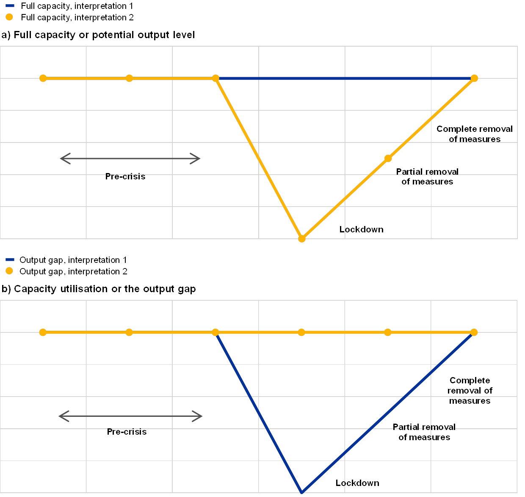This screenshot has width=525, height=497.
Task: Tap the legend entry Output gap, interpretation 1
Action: [72, 260]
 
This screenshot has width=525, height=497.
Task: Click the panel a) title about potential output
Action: [97, 35]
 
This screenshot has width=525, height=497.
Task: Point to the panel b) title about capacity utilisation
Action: [99, 289]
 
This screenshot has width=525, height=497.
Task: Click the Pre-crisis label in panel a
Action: [126, 176]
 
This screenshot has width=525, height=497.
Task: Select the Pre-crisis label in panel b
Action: [128, 432]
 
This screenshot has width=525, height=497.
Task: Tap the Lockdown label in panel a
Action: [364, 230]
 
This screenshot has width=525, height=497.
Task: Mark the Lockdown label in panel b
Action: [359, 483]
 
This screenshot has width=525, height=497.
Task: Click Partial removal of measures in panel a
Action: [427, 177]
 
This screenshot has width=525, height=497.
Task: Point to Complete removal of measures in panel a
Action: [474, 134]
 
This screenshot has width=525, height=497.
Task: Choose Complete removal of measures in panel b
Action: [470, 391]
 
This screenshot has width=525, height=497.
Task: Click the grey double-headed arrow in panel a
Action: [130, 159]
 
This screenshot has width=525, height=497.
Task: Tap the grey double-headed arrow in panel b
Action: [130, 416]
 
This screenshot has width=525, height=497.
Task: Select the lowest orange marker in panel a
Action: [302, 239]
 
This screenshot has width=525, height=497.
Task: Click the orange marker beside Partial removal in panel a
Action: [388, 158]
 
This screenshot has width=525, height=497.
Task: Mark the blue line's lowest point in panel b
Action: [302, 492]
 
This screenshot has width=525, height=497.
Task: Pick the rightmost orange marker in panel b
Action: [474, 332]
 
